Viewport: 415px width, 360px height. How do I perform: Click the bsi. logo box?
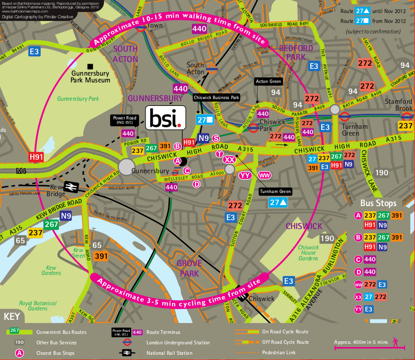point(165,118)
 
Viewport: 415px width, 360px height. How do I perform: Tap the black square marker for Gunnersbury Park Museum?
point(90,66)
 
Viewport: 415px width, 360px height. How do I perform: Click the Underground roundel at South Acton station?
point(212,67)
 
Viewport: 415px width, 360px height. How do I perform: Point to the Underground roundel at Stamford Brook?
point(406,113)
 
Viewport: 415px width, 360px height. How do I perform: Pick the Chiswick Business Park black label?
point(216,97)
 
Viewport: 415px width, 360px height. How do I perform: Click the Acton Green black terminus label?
point(268,81)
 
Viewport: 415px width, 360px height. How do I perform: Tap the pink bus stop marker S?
point(215,138)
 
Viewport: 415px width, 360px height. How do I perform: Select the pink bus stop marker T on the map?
point(219,153)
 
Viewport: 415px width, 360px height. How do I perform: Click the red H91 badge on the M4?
point(36,156)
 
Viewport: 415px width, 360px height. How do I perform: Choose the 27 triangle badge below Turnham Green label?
point(276,203)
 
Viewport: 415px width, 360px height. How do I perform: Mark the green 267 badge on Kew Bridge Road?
point(51,224)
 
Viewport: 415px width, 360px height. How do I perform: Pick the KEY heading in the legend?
point(13,316)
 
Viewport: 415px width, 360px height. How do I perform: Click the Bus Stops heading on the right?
point(378,202)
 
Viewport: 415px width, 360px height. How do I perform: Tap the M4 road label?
point(21,171)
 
